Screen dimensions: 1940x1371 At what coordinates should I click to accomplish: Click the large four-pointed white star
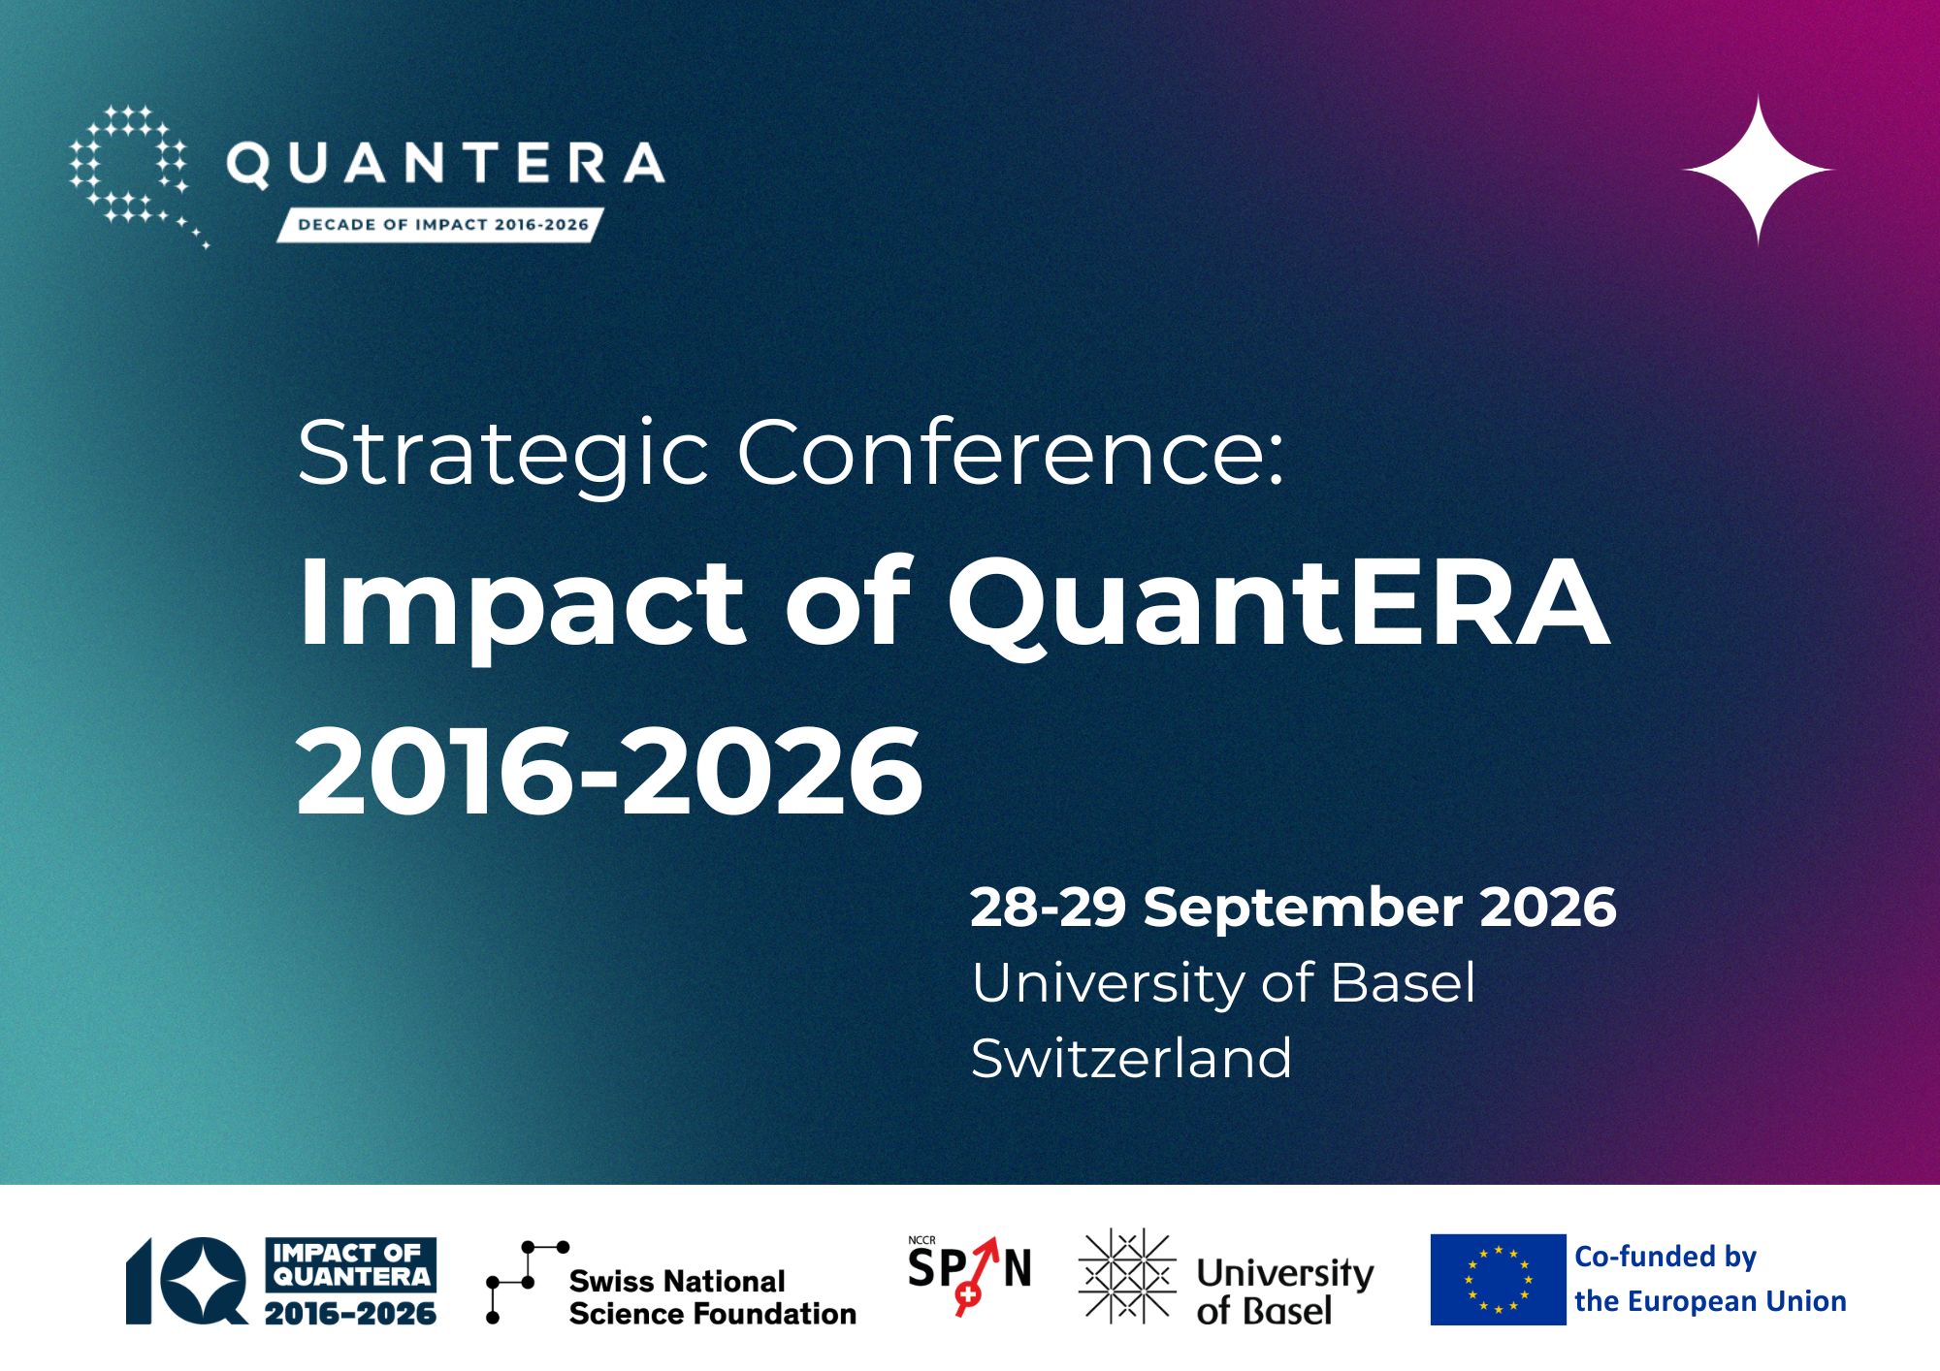click(x=1758, y=170)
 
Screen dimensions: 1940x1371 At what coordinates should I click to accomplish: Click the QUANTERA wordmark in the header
click(x=445, y=163)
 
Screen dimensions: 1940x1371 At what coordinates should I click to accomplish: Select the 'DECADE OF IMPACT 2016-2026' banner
click(x=441, y=225)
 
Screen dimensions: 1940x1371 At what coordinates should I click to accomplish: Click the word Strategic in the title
click(x=503, y=452)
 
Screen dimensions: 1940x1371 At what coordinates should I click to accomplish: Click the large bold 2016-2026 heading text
click(x=609, y=772)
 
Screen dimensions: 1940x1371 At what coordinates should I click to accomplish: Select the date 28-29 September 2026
click(x=1293, y=908)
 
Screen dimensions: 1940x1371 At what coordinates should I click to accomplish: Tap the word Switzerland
click(x=1131, y=1057)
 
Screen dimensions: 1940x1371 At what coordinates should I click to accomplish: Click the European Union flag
click(x=1498, y=1280)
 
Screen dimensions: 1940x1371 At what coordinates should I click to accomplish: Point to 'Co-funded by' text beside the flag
click(x=1665, y=1257)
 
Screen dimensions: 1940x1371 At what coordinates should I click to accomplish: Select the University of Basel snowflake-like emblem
click(x=1127, y=1276)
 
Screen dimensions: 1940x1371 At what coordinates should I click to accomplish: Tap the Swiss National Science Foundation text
click(x=712, y=1297)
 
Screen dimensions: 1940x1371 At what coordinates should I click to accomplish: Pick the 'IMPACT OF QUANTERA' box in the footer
click(x=351, y=1264)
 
